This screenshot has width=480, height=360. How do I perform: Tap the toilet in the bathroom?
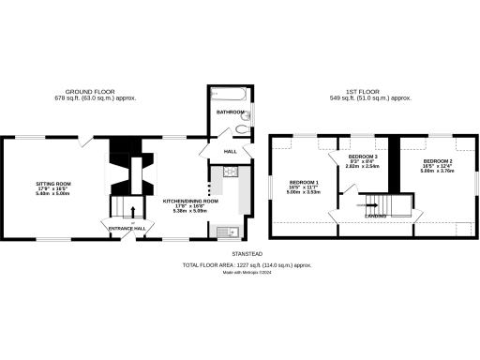(x=243, y=129)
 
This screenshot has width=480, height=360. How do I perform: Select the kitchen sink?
(x=227, y=231)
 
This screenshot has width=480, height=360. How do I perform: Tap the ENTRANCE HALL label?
(x=127, y=228)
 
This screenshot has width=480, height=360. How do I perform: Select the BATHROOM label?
(x=230, y=112)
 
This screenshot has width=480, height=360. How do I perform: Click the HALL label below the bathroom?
(x=230, y=150)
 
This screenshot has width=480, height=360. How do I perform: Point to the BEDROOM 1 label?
(x=304, y=181)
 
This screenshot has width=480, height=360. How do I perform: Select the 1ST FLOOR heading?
(x=368, y=91)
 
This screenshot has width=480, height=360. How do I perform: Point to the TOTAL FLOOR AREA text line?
(x=246, y=265)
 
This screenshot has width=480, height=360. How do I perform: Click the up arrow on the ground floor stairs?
(x=132, y=209)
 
